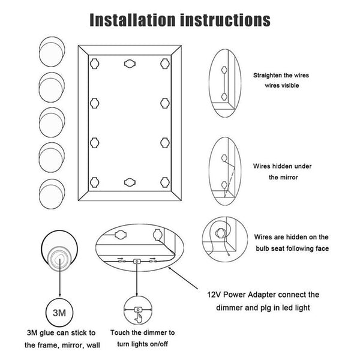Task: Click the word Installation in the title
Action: pos(132,20)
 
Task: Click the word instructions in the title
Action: pos(225,20)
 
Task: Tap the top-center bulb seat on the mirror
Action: pos(130,64)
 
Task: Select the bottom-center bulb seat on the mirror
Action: pos(130,182)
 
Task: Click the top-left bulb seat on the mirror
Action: pos(94,64)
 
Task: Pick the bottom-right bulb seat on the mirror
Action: pos(165,182)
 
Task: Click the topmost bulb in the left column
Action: pos(52,52)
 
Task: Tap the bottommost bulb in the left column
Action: pos(52,194)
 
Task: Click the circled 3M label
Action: pos(59,313)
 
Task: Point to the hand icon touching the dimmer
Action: pos(138,318)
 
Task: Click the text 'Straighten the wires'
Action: pos(281,76)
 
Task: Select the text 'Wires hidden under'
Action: pos(282,166)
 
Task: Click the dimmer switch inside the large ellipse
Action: pos(137,261)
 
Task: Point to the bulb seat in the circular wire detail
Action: pos(220,233)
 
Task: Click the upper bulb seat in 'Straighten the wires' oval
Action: pos(224,70)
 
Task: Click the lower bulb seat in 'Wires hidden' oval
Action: pos(224,185)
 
